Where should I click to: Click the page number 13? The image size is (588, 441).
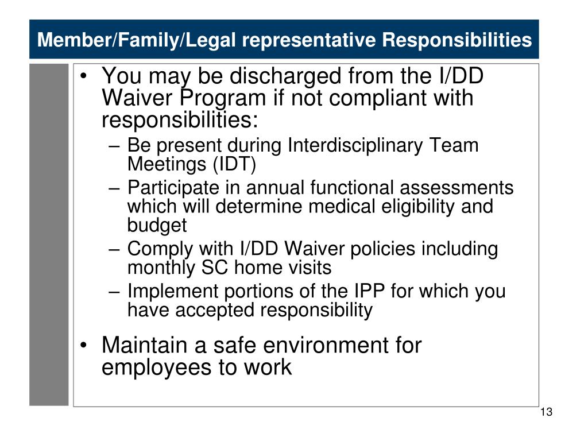point(547,412)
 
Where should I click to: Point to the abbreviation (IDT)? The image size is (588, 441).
point(234,164)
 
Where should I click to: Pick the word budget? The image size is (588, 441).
point(157,225)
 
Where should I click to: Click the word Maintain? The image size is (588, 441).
point(144,345)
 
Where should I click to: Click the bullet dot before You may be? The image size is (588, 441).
point(84,76)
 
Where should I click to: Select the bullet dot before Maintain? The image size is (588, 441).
point(84,345)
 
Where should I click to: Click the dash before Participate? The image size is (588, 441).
point(114,188)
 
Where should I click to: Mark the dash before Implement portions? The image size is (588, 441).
point(114,292)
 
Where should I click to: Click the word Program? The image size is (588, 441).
point(223,99)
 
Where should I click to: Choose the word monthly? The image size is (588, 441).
point(161,268)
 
